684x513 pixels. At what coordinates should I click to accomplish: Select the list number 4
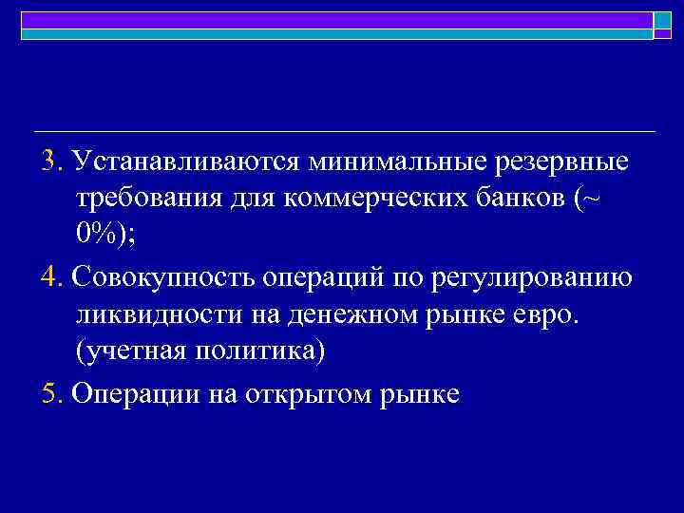(50, 278)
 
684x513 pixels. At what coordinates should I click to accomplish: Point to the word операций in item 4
(309, 278)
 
